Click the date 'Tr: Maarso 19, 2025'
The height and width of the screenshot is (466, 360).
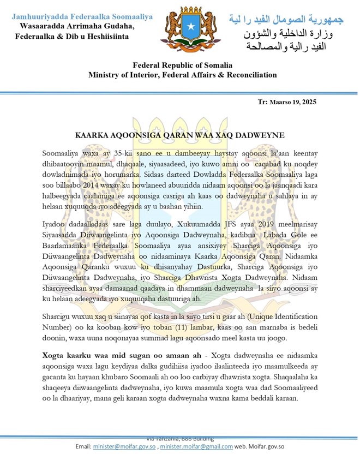coord(287,102)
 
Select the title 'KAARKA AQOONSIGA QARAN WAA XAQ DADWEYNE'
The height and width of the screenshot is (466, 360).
coord(179,134)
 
